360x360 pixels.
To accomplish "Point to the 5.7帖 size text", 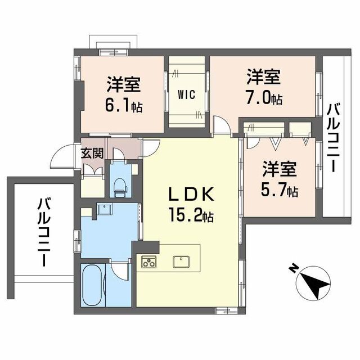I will [279, 191].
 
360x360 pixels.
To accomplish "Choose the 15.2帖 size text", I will [190, 214].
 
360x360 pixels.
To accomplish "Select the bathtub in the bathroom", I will [92, 286].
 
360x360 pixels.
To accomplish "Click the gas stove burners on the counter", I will [149, 262].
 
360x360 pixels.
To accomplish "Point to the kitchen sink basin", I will [181, 262].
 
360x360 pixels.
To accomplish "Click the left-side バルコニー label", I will [42, 231].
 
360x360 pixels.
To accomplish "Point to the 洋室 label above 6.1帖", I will [124, 84].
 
